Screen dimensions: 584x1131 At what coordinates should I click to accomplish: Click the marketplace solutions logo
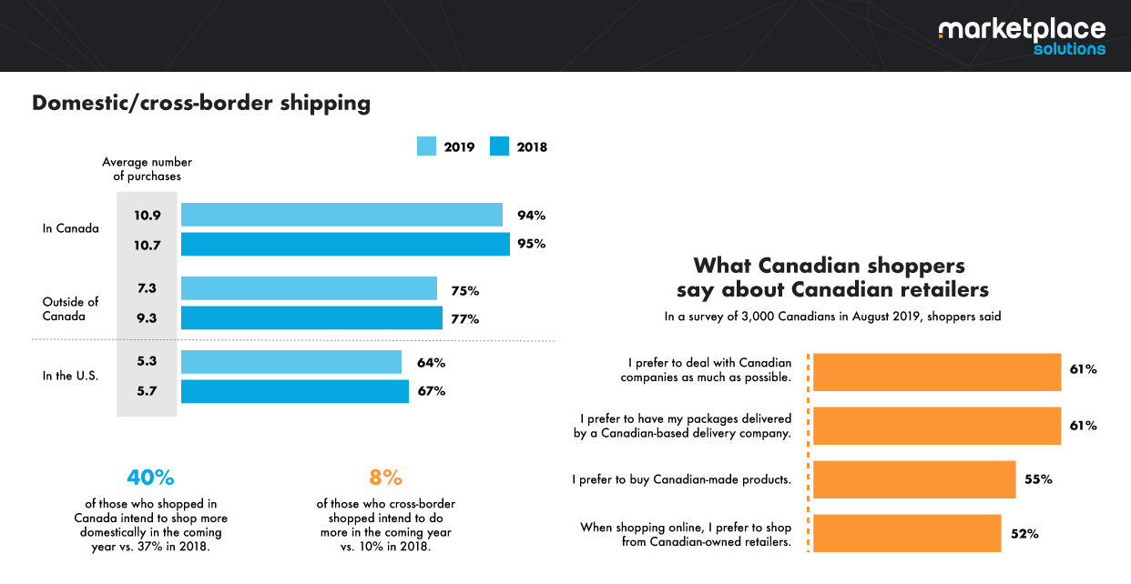(x=1021, y=36)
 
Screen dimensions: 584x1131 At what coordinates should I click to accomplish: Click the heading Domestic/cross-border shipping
(x=201, y=103)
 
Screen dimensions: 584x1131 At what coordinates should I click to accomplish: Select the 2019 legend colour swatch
(x=427, y=146)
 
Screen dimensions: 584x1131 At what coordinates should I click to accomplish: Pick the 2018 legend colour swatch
(x=500, y=146)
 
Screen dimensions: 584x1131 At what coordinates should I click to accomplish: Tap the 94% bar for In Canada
(x=341, y=215)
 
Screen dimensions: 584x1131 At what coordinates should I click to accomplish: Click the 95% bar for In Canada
(x=345, y=244)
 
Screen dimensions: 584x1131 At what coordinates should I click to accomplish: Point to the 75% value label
(x=464, y=291)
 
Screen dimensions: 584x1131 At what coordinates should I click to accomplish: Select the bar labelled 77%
(x=311, y=318)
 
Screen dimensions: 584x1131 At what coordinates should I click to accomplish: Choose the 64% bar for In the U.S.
(x=291, y=362)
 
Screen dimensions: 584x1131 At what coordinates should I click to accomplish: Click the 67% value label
(x=431, y=391)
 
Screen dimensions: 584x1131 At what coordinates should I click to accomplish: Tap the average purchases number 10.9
(x=148, y=216)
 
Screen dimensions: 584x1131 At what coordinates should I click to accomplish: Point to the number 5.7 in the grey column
(x=148, y=391)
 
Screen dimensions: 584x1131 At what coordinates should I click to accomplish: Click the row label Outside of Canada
(x=70, y=309)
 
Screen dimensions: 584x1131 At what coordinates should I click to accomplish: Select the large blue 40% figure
(x=150, y=478)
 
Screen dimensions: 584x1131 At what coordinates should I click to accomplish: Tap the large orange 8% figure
(x=385, y=478)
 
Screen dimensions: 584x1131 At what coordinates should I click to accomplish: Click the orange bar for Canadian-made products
(x=913, y=479)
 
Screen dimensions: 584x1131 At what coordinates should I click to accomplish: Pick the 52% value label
(x=1025, y=534)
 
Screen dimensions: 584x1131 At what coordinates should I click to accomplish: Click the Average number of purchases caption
(x=147, y=169)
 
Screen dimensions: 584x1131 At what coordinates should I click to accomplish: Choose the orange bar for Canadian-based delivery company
(x=937, y=426)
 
